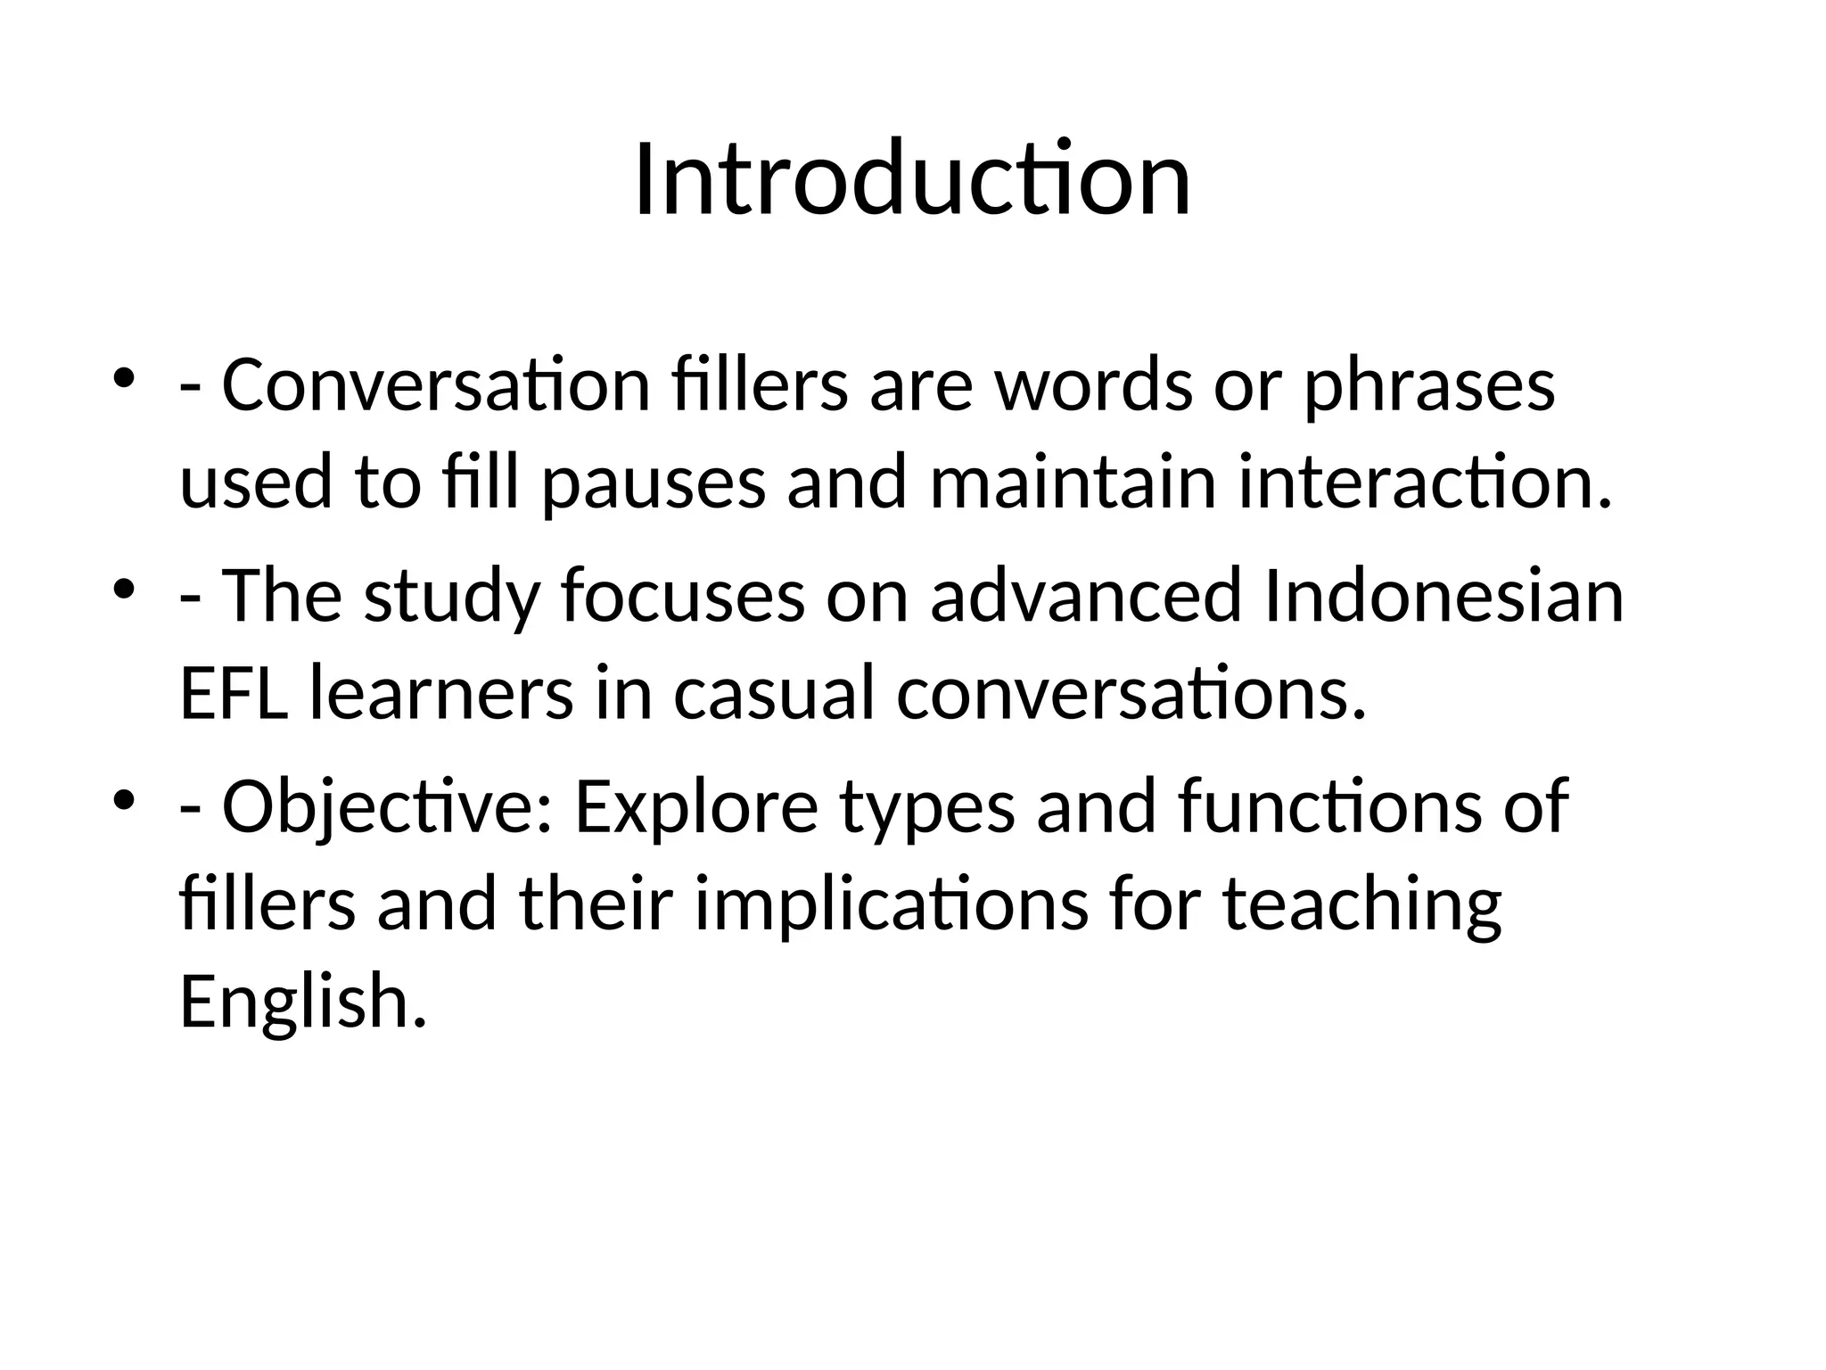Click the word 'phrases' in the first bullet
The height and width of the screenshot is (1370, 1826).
point(1429,388)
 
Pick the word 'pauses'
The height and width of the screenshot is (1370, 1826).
point(654,484)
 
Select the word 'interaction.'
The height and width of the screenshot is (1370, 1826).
point(1425,483)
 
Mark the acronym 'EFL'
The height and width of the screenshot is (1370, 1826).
point(234,694)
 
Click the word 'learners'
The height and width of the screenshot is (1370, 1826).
point(441,694)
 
